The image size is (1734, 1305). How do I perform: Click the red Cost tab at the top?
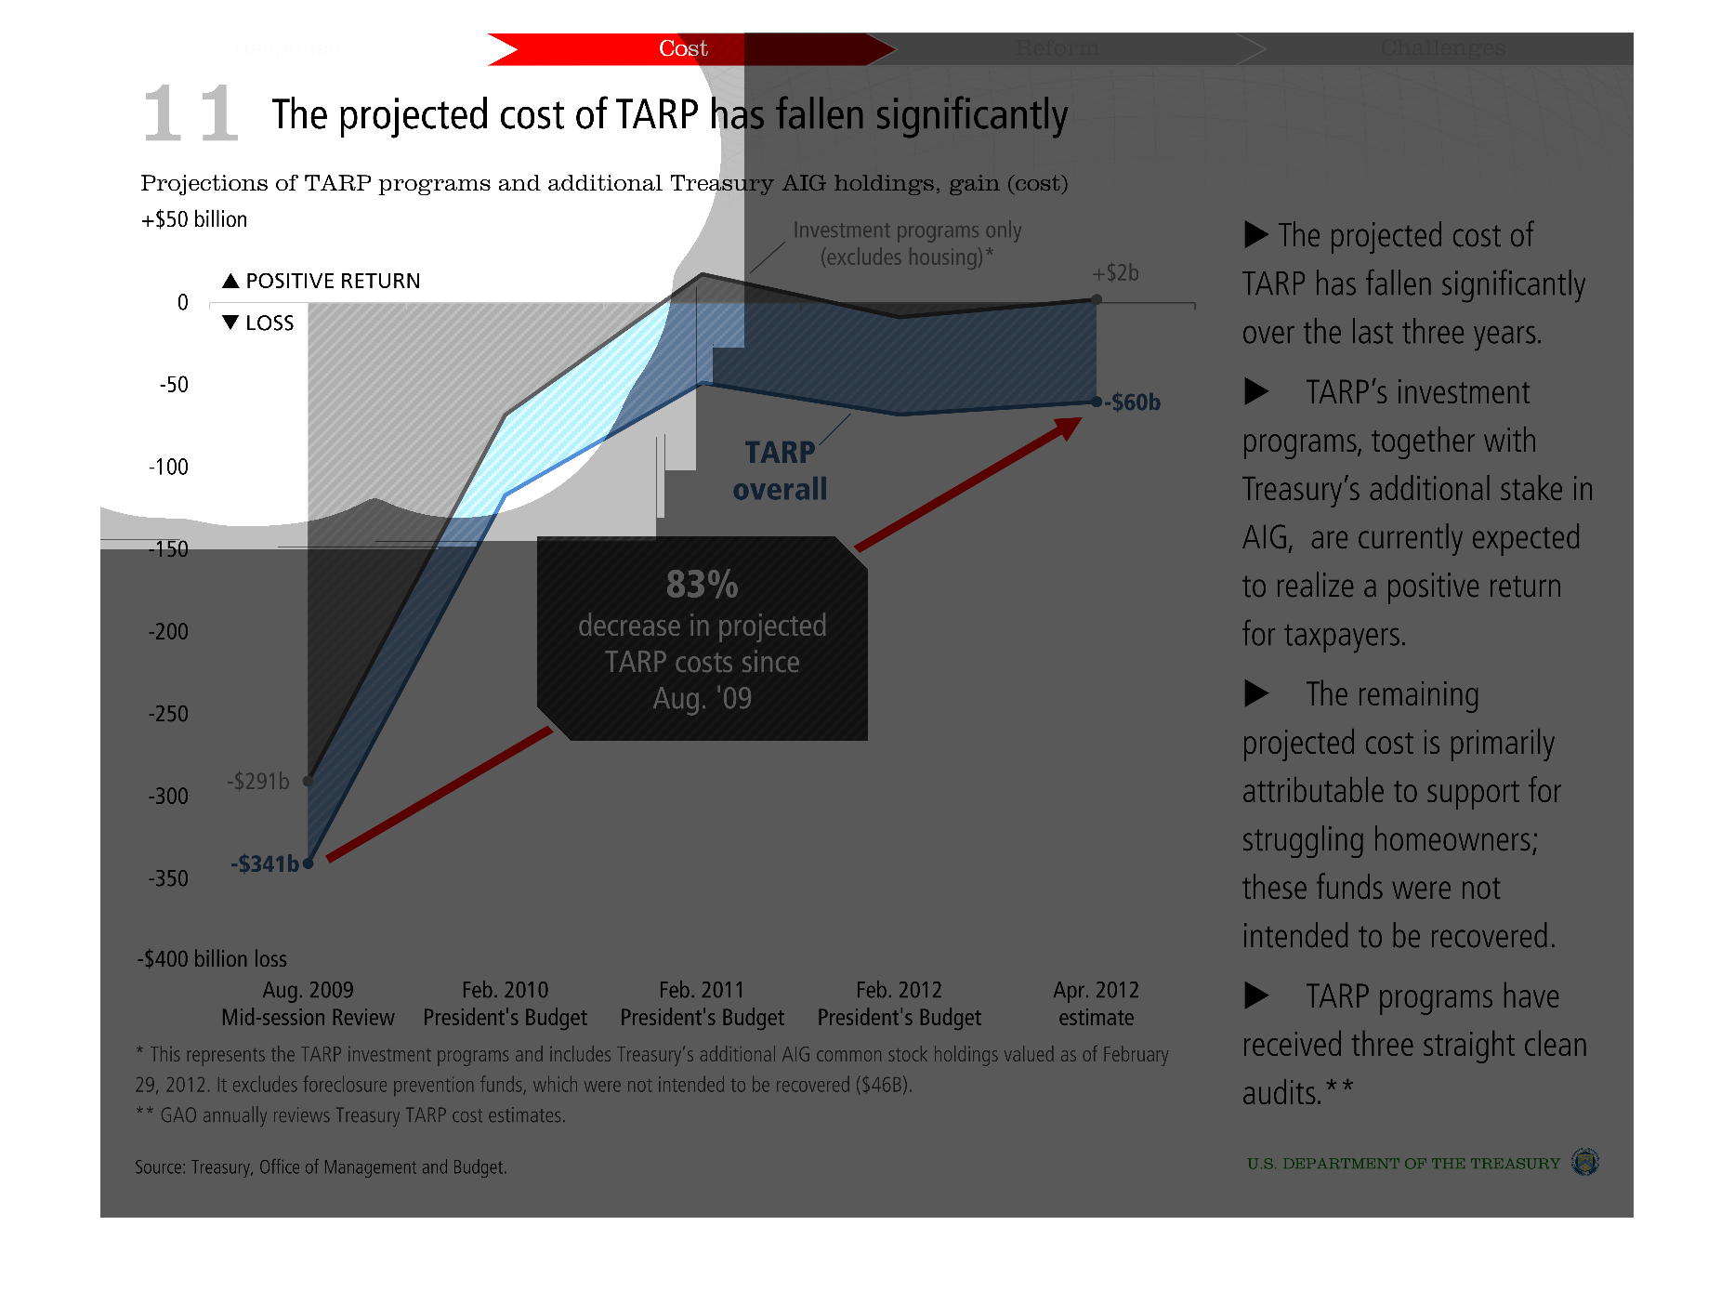[x=683, y=48]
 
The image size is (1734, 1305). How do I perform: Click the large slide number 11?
[x=191, y=113]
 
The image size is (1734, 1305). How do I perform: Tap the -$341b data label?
[x=265, y=863]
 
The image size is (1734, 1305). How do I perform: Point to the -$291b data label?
[x=258, y=781]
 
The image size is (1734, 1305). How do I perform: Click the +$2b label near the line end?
[x=1115, y=273]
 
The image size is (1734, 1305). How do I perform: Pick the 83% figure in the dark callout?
[x=702, y=585]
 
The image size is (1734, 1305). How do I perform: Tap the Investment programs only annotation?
[x=907, y=244]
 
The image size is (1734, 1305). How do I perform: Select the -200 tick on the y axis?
[x=168, y=632]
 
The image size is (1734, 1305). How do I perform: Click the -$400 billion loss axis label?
[x=212, y=959]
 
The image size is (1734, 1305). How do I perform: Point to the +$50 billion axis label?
[x=194, y=219]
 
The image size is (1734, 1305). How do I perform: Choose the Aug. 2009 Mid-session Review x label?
[x=308, y=1004]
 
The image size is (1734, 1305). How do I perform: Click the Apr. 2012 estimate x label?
[x=1096, y=1004]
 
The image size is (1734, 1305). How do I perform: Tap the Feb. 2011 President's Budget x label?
[x=702, y=1004]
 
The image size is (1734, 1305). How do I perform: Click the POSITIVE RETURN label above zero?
[x=322, y=281]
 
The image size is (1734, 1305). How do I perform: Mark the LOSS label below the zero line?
[x=259, y=323]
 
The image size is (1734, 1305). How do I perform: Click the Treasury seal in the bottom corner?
[x=1584, y=1162]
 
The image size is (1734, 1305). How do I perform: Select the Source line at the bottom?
[x=321, y=1167]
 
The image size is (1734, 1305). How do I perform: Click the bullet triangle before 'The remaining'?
[x=1256, y=693]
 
